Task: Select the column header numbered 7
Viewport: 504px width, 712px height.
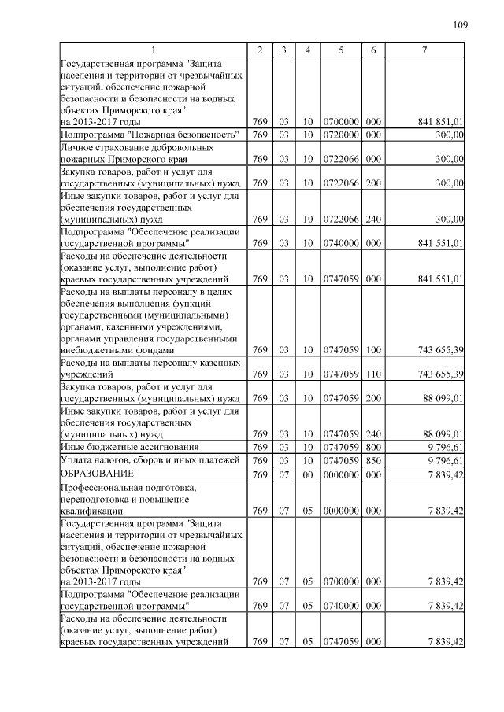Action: pos(424,51)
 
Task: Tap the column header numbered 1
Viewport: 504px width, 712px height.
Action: pos(154,51)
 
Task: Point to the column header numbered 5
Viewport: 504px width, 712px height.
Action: pos(341,51)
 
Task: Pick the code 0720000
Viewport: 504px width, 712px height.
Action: pos(341,135)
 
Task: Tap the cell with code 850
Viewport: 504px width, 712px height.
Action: pos(373,460)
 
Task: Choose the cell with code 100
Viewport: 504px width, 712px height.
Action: pos(373,350)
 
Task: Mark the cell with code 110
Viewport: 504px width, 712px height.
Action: pos(373,373)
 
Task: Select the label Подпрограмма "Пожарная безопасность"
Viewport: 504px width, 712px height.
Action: pos(150,135)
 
